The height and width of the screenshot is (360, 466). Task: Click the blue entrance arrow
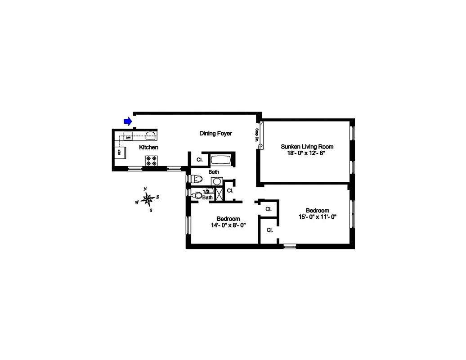(x=128, y=121)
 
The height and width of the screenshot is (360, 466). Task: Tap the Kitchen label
(x=148, y=147)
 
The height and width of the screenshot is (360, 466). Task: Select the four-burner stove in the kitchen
(x=151, y=161)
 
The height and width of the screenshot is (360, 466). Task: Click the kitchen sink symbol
(x=150, y=136)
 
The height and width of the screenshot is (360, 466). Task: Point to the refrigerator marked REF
(x=120, y=153)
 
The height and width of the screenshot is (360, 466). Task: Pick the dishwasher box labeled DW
(x=128, y=137)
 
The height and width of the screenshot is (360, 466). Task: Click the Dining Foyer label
(x=215, y=134)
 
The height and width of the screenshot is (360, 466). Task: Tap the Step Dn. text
(x=257, y=135)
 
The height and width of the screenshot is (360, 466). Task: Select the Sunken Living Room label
(x=307, y=147)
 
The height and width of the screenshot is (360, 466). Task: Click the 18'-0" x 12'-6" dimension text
(x=307, y=153)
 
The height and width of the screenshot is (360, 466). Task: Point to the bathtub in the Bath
(x=220, y=160)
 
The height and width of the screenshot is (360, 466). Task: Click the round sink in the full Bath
(x=217, y=181)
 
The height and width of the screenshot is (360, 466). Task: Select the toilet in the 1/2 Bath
(x=196, y=195)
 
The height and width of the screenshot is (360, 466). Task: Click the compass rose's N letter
(x=145, y=189)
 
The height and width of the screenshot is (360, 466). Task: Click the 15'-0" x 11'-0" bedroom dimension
(x=318, y=216)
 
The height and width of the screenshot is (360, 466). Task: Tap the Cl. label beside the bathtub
(x=199, y=160)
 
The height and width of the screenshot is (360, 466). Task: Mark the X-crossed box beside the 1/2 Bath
(x=220, y=193)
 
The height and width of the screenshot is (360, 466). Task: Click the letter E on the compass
(x=158, y=197)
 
